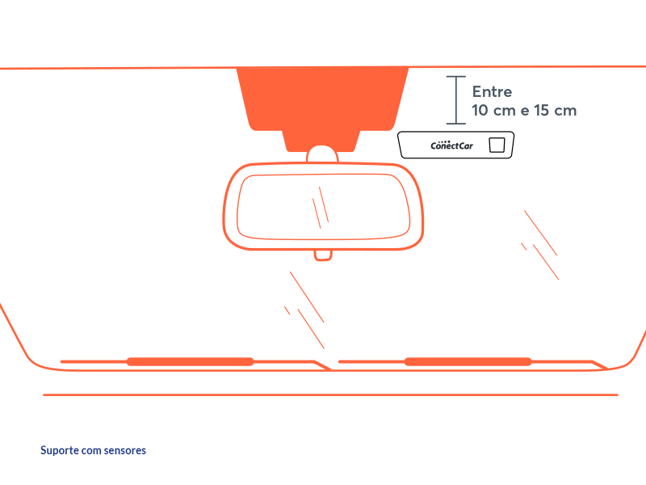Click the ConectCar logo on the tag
click(x=451, y=145)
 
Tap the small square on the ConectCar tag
click(x=497, y=145)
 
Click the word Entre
click(x=492, y=91)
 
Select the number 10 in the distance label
click(x=480, y=111)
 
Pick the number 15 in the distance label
click(x=541, y=111)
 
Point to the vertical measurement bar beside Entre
click(x=456, y=99)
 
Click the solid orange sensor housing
click(x=322, y=108)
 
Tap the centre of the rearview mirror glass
click(x=324, y=207)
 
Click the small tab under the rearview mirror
click(x=323, y=255)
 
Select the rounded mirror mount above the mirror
click(x=322, y=154)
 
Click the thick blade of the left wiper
click(x=190, y=361)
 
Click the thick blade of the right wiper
click(x=468, y=361)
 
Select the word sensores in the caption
click(x=125, y=450)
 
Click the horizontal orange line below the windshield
click(x=330, y=395)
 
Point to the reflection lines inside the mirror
click(x=321, y=208)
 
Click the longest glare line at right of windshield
click(x=540, y=233)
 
